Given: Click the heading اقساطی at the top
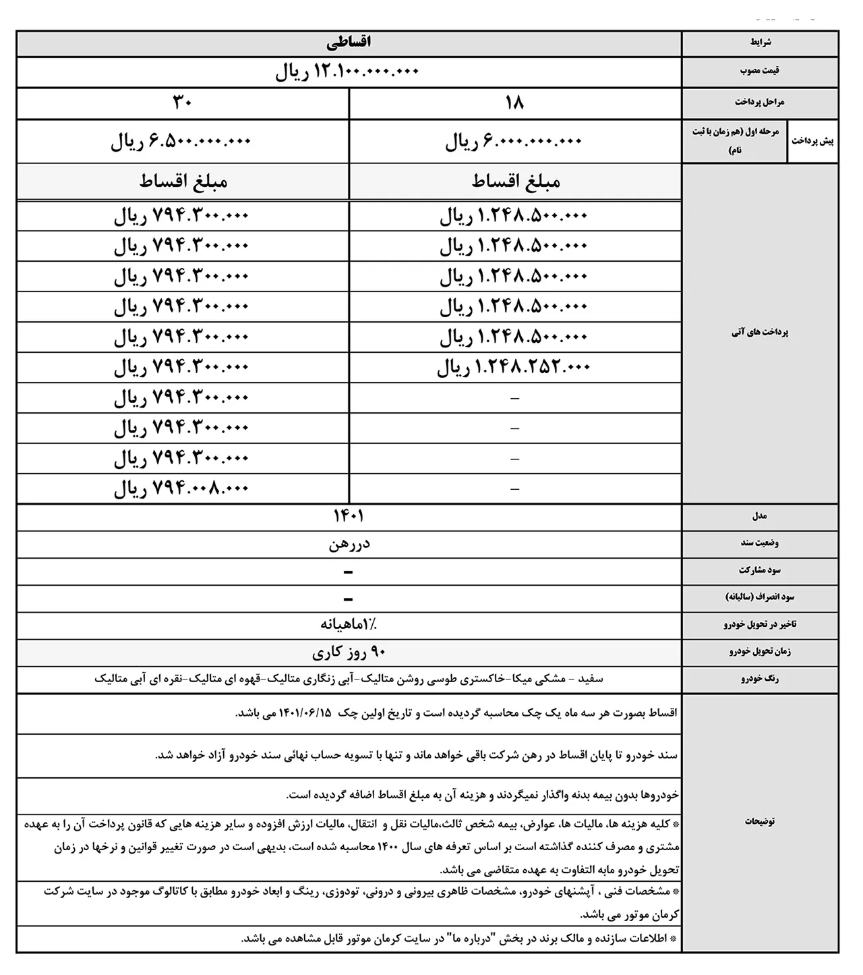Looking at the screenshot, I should pyautogui.click(x=349, y=43).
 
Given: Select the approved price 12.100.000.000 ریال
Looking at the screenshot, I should pyautogui.click(x=347, y=72).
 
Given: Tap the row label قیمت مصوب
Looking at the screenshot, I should pyautogui.click(x=760, y=71).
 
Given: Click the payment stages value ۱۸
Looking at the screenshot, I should pyautogui.click(x=514, y=103).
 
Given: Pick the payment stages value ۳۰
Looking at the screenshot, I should pyautogui.click(x=183, y=103).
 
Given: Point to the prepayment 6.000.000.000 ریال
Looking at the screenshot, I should pyautogui.click(x=513, y=142).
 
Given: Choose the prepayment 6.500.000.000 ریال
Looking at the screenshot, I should pyautogui.click(x=181, y=142).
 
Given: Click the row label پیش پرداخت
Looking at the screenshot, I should pyautogui.click(x=813, y=141).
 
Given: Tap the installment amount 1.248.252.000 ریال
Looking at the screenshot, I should pyautogui.click(x=514, y=367).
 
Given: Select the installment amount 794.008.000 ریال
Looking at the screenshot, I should pyautogui.click(x=181, y=489).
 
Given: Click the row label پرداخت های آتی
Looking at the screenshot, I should pyautogui.click(x=760, y=333).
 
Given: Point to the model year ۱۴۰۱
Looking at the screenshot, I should pyautogui.click(x=349, y=517).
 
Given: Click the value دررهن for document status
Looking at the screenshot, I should pyautogui.click(x=349, y=544).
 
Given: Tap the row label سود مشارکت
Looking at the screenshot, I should pyautogui.click(x=760, y=570).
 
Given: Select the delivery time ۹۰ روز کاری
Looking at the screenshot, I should pyautogui.click(x=349, y=652).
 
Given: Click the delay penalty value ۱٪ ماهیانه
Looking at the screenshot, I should pyautogui.click(x=349, y=625).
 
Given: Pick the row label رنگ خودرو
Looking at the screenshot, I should pyautogui.click(x=760, y=679).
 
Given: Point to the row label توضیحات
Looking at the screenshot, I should pyautogui.click(x=760, y=821).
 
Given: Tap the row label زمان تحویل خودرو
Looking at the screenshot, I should pyautogui.click(x=760, y=652).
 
